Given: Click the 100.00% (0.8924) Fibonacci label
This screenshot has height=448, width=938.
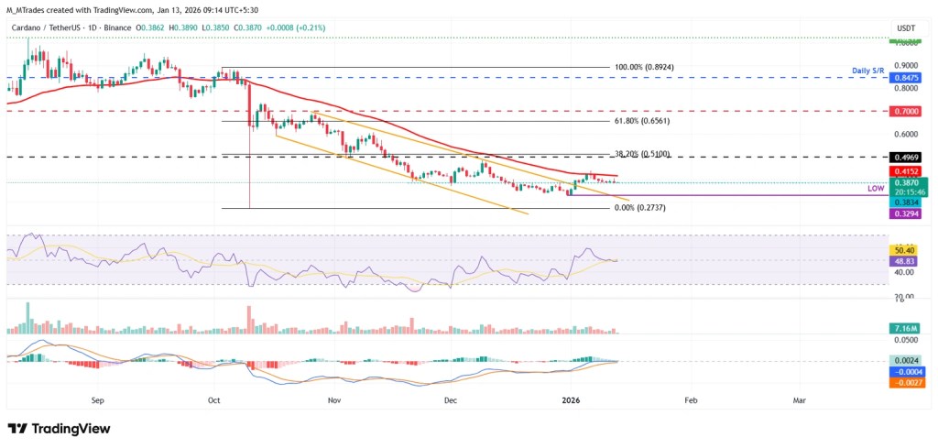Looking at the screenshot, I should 576,68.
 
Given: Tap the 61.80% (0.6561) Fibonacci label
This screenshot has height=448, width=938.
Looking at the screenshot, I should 576,121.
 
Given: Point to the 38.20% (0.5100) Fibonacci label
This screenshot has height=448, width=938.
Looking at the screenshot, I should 576,155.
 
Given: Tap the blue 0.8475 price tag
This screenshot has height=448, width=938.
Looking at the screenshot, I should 907,79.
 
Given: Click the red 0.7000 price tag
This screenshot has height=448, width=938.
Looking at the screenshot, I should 907,111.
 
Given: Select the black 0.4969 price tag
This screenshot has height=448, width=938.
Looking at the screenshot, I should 907,158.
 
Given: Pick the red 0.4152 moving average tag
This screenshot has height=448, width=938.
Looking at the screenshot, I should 907,171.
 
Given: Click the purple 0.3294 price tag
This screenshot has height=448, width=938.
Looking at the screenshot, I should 907,213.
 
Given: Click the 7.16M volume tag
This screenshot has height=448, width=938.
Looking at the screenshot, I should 907,327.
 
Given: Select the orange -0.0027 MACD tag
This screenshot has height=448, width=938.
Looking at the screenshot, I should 907,382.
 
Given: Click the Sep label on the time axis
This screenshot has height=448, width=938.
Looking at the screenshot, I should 99,400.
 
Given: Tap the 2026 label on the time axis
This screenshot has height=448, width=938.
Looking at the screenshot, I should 571,400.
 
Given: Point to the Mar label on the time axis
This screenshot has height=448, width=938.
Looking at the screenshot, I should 800,400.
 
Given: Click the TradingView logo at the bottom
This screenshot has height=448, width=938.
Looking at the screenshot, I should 59,429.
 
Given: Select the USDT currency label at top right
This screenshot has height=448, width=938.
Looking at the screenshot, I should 906,29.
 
